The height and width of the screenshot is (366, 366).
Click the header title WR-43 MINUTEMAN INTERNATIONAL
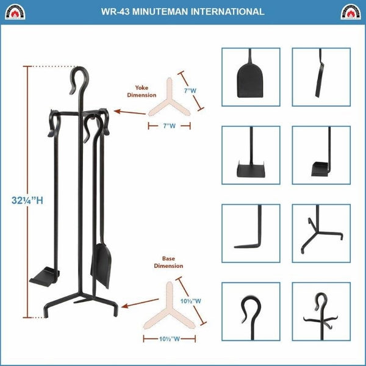point(183,11)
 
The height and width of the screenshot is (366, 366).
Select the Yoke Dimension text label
point(142,91)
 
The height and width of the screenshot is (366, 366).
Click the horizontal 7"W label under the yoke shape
point(169,126)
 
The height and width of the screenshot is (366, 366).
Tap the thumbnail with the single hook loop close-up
point(250,310)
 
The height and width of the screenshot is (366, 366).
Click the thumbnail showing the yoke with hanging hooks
point(321,310)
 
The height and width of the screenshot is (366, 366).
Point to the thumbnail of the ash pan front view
point(250,155)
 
